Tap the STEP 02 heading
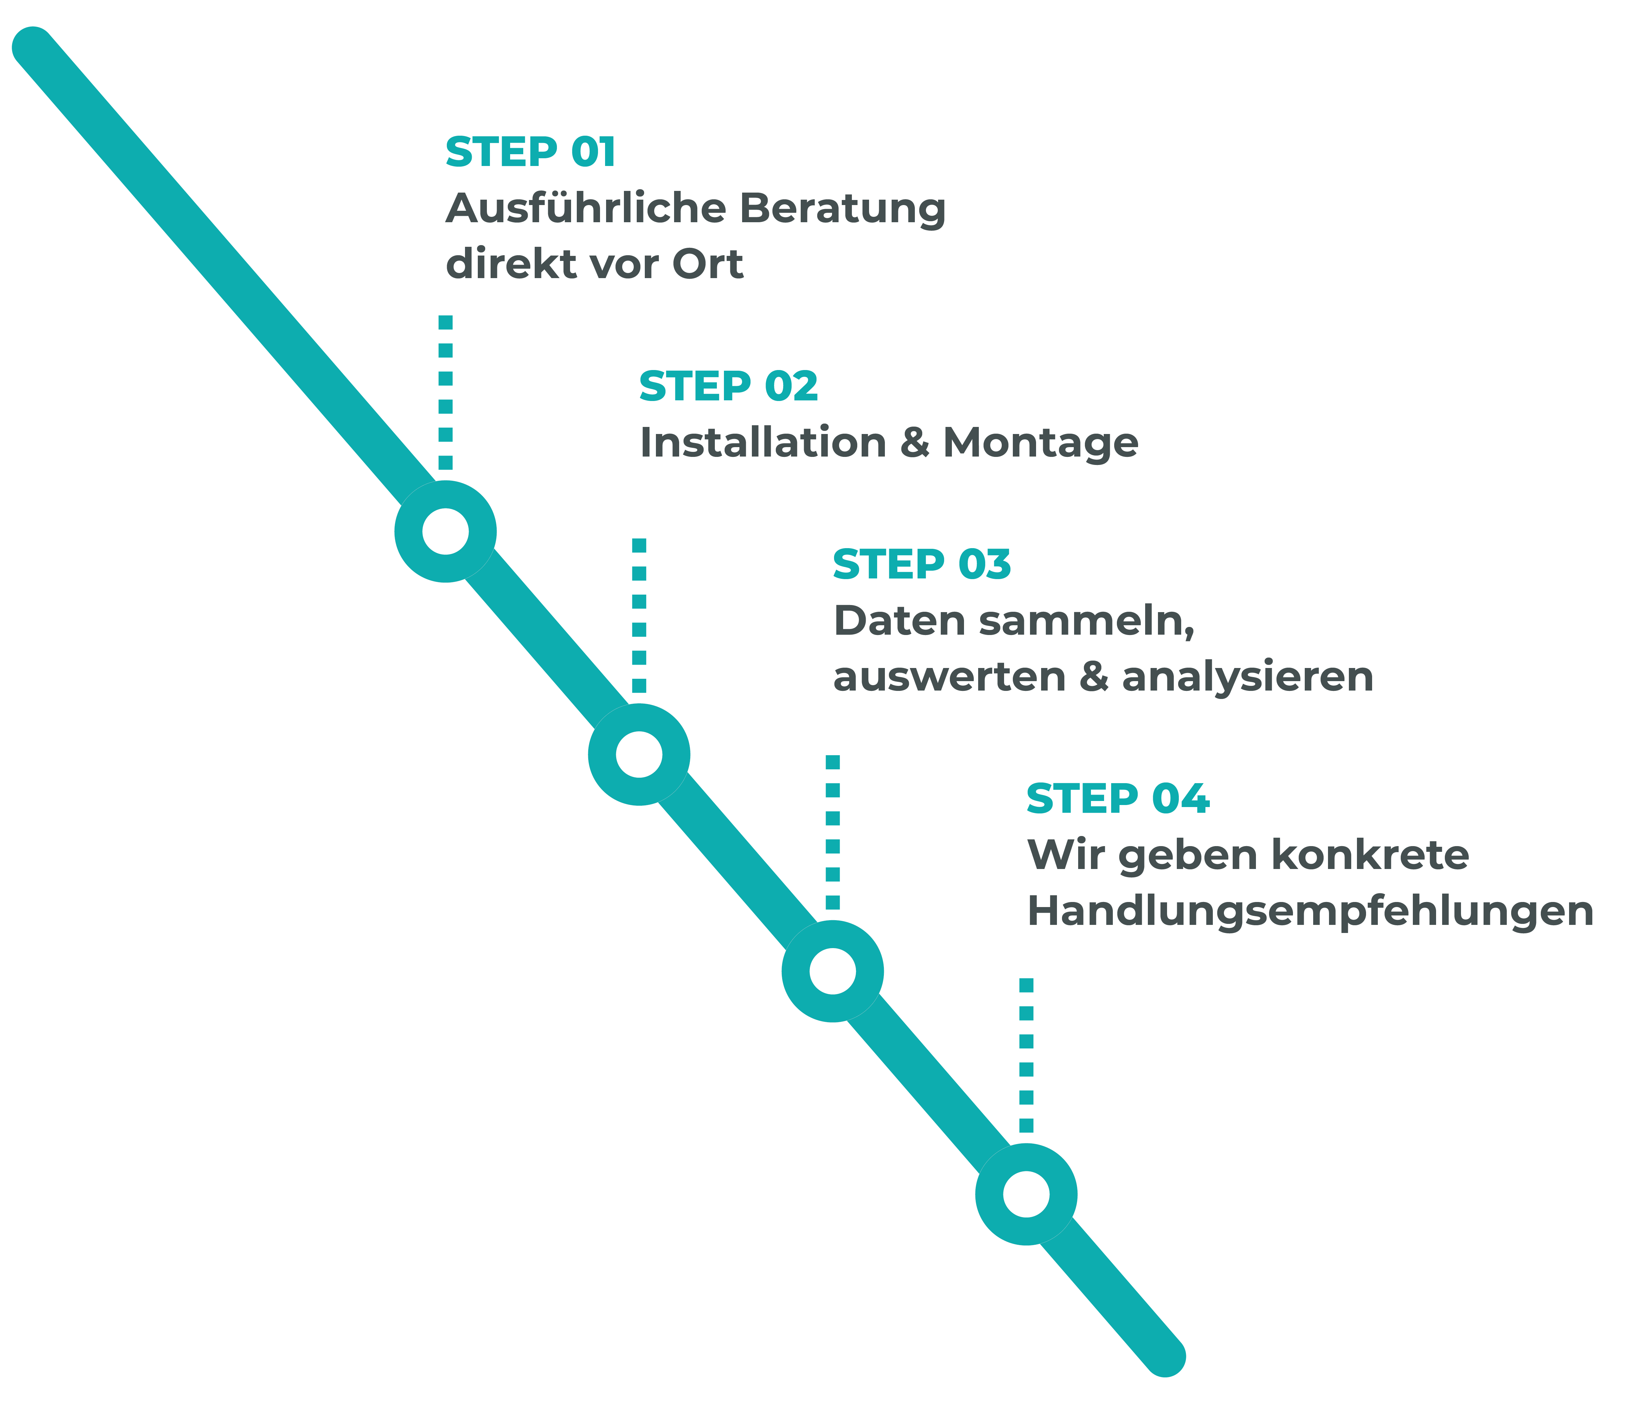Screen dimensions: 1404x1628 [x=728, y=386]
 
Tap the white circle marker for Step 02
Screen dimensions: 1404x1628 [x=639, y=754]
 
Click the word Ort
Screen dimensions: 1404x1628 [x=707, y=264]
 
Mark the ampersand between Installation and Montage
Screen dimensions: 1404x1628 [x=915, y=442]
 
